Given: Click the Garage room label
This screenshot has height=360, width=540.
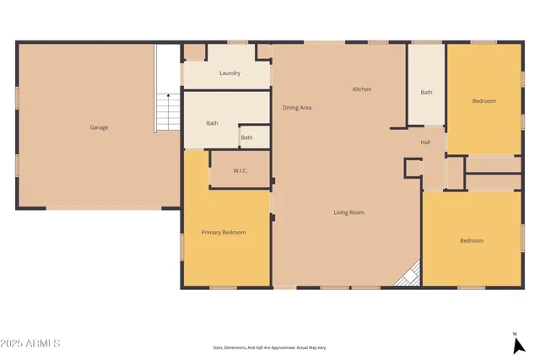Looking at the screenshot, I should coord(99,127).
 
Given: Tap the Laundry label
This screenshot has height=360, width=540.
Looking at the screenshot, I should coord(229,73).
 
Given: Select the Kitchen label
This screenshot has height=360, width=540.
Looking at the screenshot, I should coord(362,89).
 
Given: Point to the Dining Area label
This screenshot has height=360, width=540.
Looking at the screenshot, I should coord(297,108).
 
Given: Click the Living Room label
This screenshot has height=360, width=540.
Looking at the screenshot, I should coord(348,212).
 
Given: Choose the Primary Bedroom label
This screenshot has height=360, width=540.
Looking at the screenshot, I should coord(223,232).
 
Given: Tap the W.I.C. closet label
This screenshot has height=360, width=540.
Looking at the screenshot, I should coord(240,172).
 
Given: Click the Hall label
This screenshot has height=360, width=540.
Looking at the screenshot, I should coord(425,142).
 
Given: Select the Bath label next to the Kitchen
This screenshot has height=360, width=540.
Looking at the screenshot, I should coord(426,93).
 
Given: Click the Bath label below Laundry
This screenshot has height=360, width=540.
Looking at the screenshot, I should coord(213,124).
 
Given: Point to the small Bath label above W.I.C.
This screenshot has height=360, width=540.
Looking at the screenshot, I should coord(246,137).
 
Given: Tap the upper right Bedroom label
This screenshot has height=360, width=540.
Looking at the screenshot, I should coord(483,101).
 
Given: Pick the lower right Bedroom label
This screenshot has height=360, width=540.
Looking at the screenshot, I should coord(472,241).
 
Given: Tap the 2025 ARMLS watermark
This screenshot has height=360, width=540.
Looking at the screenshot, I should coord(31,343).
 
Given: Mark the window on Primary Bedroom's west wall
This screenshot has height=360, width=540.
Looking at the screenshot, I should coord(182,246).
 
